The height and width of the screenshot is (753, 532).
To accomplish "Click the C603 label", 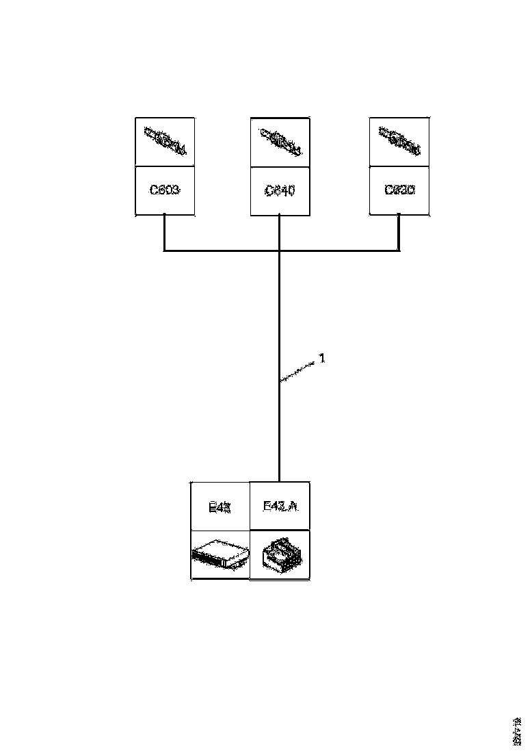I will tap(165, 190).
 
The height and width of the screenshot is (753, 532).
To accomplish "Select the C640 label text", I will tap(279, 192).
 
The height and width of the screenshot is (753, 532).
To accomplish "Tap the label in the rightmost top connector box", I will tap(399, 190).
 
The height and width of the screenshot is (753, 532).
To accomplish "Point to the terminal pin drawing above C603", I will tap(165, 142).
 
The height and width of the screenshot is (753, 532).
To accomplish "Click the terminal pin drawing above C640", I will tap(279, 142).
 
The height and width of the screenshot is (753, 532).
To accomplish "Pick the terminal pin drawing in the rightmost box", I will tap(399, 142).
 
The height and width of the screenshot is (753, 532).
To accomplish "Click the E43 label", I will tap(220, 507).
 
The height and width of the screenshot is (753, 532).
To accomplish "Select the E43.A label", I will tap(280, 507).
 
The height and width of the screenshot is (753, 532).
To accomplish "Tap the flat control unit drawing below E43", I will tap(220, 555).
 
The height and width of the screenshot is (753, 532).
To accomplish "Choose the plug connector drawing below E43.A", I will tap(280, 555).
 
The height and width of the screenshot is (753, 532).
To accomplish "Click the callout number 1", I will tap(322, 358).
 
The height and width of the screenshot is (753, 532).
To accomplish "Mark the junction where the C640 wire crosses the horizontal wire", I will tap(280, 251).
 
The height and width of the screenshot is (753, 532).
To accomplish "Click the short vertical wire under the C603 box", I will tap(165, 233).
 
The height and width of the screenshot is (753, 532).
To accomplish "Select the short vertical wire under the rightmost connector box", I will tap(399, 233).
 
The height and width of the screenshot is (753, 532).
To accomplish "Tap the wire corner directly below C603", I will tap(165, 251).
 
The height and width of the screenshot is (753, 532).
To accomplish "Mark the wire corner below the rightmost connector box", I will tap(399, 251).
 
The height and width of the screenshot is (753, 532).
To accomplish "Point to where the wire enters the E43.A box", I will tap(280, 481).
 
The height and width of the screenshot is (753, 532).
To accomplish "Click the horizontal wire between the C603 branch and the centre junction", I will tap(222, 251).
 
